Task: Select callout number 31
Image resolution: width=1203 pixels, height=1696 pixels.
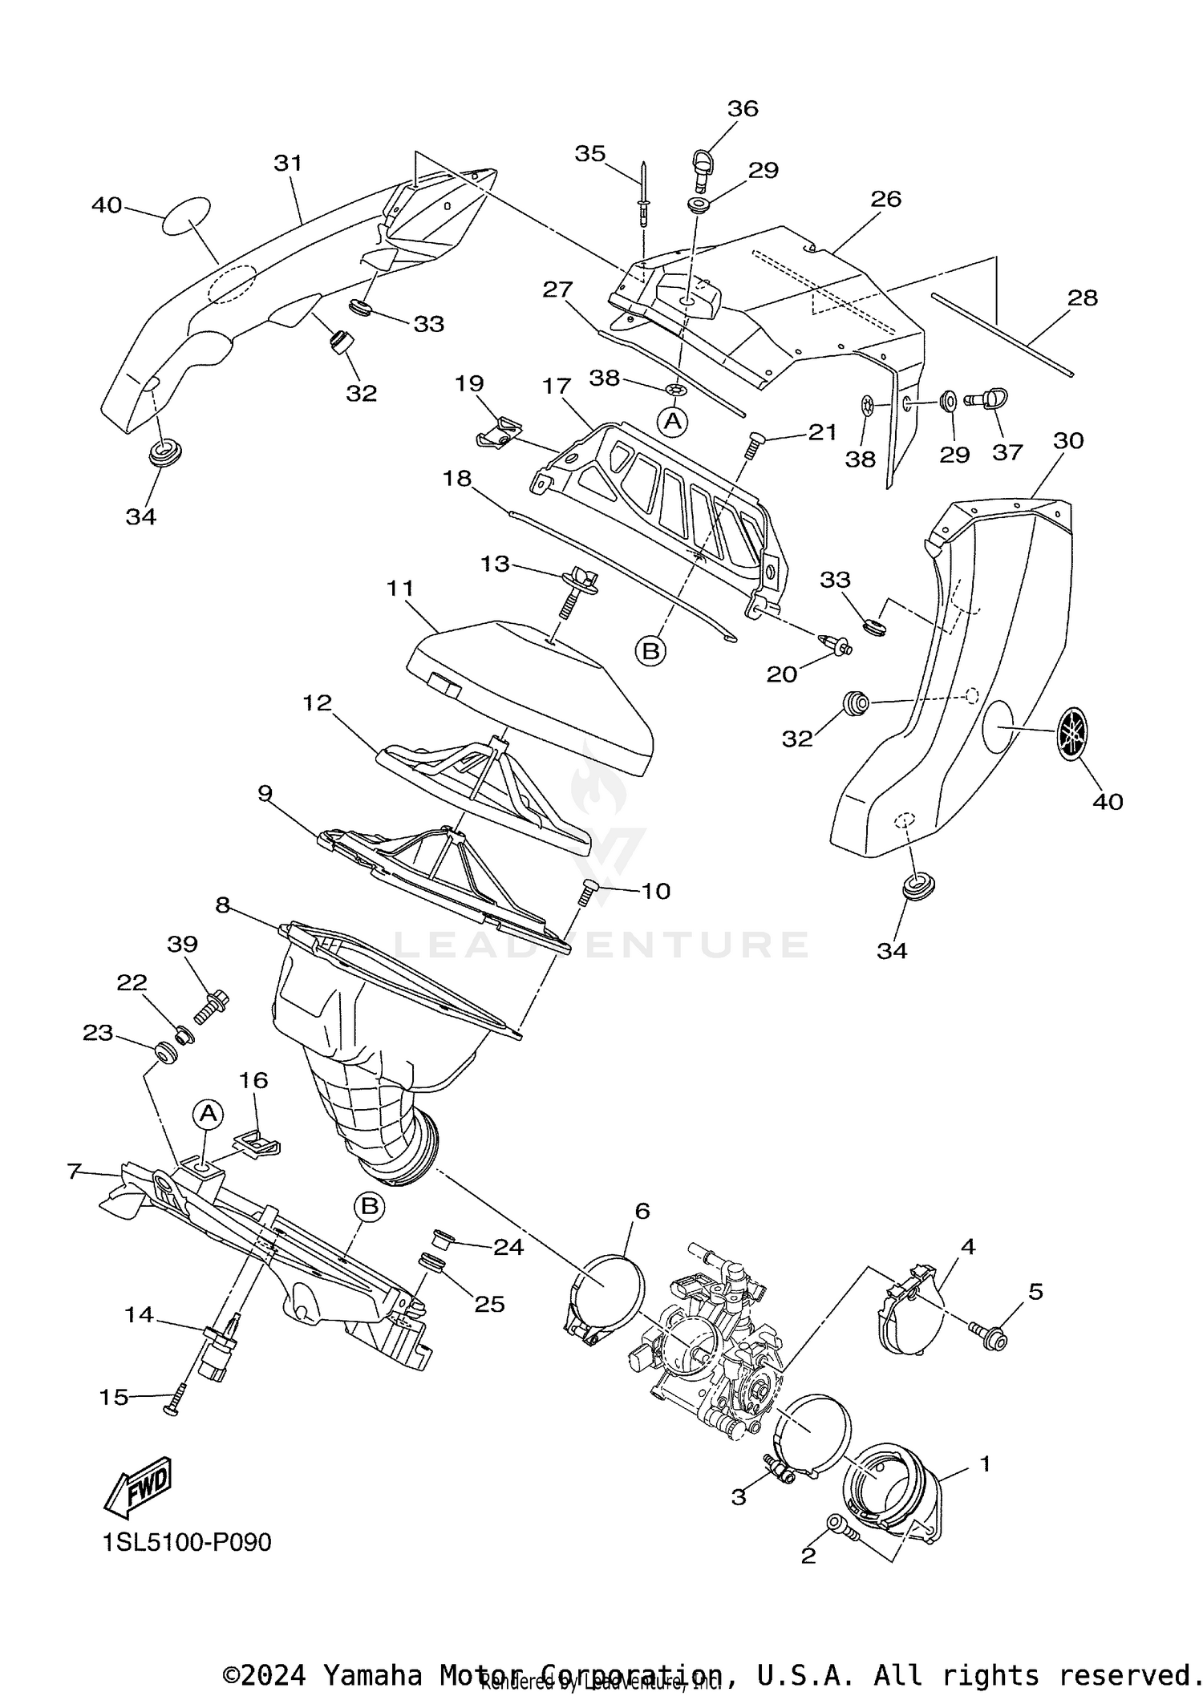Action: (288, 163)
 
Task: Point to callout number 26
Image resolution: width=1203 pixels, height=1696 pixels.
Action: (886, 198)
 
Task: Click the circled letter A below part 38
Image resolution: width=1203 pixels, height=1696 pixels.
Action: (673, 420)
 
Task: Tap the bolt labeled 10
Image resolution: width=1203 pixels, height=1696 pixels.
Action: (589, 891)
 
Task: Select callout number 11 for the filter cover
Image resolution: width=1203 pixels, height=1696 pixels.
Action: (399, 588)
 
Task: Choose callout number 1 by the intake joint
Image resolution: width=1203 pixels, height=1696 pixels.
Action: (985, 1463)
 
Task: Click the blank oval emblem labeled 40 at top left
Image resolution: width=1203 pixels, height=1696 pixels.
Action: (187, 216)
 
